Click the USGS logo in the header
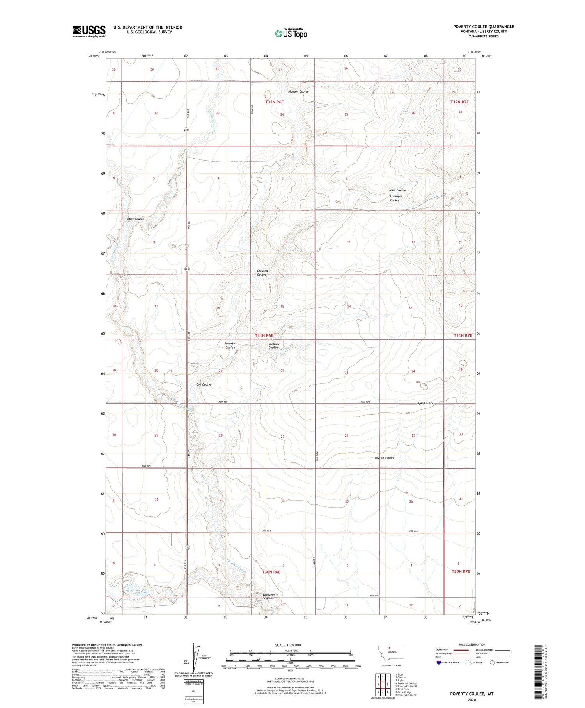(89, 31)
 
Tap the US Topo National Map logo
(291, 33)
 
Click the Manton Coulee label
(298, 91)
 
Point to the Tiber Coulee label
(135, 219)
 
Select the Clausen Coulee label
(262, 273)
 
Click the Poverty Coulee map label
(230, 346)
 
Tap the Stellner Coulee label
(274, 346)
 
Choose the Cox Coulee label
(204, 385)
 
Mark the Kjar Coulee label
(425, 403)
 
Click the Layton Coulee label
(384, 458)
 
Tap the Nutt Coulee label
(397, 190)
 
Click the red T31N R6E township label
(264, 335)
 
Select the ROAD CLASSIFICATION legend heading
(472, 644)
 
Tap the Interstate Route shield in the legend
(439, 663)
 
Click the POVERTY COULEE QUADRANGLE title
(483, 27)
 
